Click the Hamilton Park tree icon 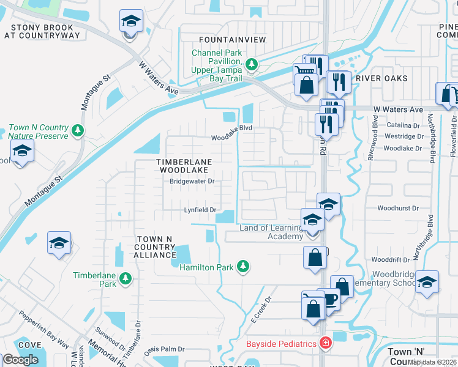coord(244,266)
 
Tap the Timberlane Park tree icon coord(126,278)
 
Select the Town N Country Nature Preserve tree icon coord(77,130)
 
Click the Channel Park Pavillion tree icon coord(251,64)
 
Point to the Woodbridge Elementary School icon coord(427,281)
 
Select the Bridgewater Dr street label coord(192,181)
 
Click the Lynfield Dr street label coord(201,210)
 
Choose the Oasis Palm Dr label coord(163,350)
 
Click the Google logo coord(20,360)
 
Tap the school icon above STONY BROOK coord(130,22)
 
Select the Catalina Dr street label coord(404,125)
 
